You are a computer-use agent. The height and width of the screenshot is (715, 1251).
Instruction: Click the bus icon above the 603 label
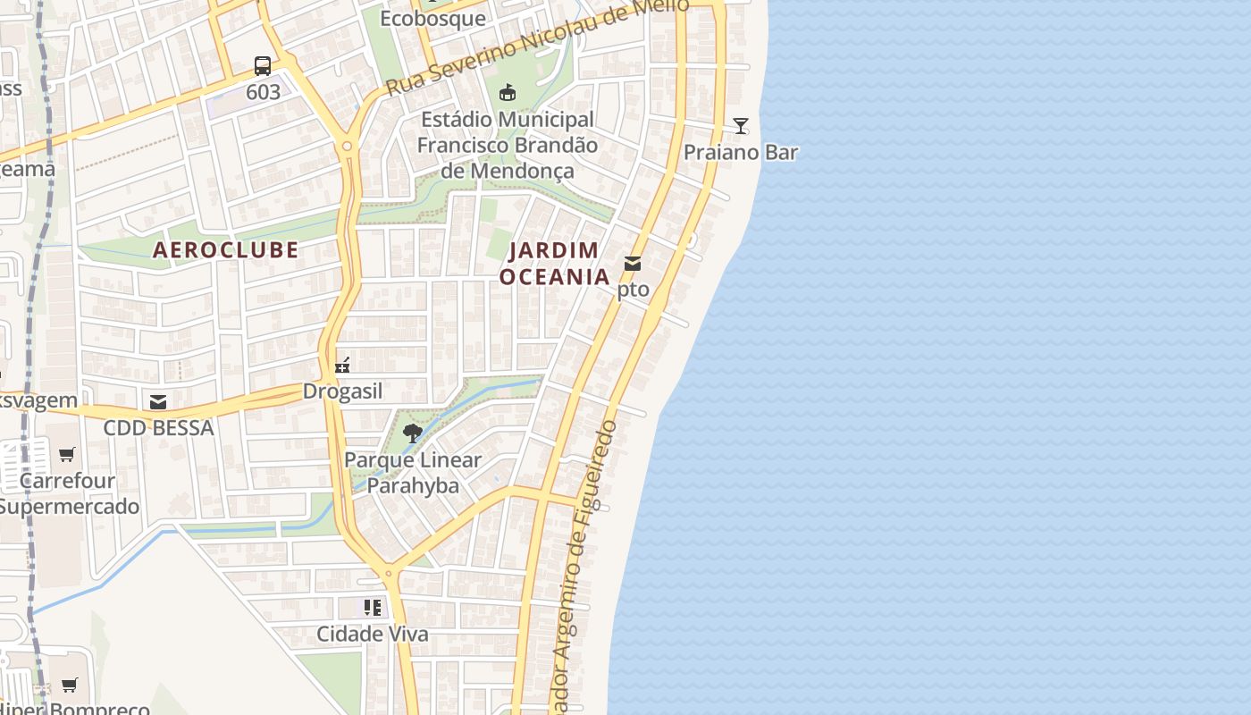coord(262,65)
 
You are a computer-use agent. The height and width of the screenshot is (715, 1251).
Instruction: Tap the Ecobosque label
coord(432,19)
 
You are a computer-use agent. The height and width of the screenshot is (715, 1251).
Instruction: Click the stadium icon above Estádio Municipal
coord(507,92)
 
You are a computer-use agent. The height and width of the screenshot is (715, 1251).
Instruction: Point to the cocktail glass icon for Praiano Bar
coord(740,125)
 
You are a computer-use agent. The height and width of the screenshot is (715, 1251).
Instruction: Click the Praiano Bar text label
coord(740,153)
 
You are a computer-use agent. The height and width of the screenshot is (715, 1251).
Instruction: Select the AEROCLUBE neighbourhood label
coord(225,250)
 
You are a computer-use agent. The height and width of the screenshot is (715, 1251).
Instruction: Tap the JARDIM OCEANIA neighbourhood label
coord(554,264)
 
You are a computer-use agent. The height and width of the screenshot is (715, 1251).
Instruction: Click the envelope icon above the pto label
coord(633,264)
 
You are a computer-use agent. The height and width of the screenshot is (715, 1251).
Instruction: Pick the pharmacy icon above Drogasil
coord(341,365)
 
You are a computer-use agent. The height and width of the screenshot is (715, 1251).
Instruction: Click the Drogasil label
coord(342,391)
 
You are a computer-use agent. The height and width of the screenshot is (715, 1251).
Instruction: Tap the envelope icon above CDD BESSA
coord(158,402)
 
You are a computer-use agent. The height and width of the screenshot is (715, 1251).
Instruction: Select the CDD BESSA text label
coord(158,428)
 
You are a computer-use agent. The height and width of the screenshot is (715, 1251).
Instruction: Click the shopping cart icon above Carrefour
coord(67,455)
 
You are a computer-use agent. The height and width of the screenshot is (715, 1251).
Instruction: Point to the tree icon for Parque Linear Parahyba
coord(413,434)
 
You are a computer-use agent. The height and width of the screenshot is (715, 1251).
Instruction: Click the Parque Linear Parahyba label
coord(413,473)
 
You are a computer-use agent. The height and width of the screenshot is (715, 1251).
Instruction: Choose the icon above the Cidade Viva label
coord(373,608)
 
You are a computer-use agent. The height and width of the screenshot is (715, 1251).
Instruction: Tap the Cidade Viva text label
coord(373,635)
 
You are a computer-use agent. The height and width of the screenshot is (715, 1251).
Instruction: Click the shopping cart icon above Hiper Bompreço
coord(69,686)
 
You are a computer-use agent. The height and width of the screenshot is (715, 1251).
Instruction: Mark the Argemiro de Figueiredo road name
coord(584,554)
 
